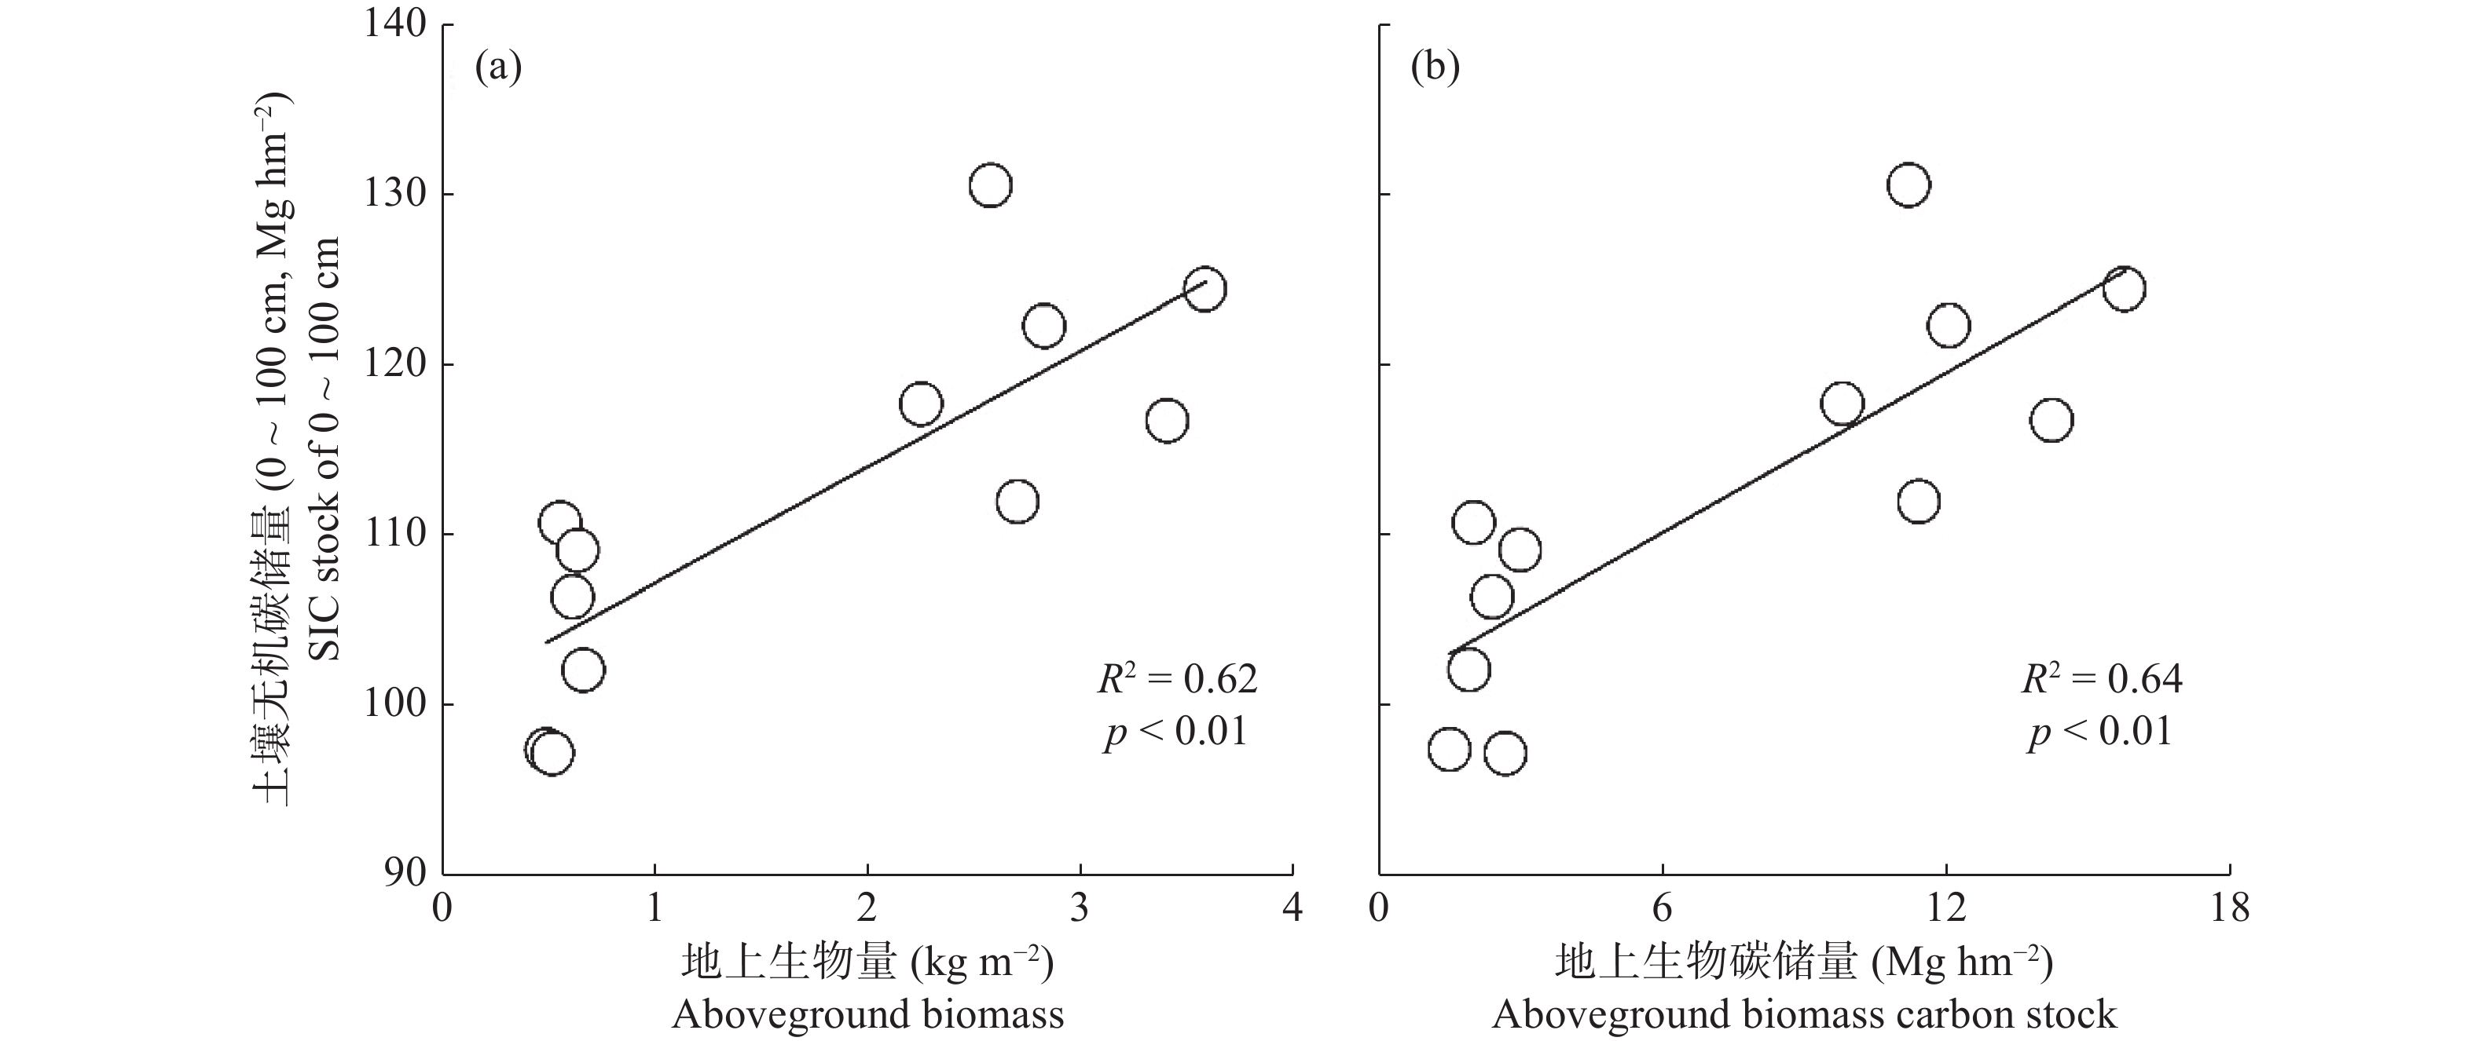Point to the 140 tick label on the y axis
click(395, 24)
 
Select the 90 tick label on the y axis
click(406, 874)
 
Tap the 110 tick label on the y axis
click(395, 534)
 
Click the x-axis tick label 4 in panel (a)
click(1293, 907)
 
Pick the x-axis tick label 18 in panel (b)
click(2229, 907)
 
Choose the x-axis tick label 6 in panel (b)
click(1662, 907)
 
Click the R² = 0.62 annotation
click(1178, 678)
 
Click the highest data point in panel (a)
click(990, 185)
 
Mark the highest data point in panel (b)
click(1908, 185)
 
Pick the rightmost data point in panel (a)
click(1204, 288)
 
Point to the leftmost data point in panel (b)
click(1449, 749)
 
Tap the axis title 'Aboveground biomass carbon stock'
click(1804, 1014)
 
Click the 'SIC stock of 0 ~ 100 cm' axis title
click(327, 449)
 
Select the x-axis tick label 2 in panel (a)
click(867, 907)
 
